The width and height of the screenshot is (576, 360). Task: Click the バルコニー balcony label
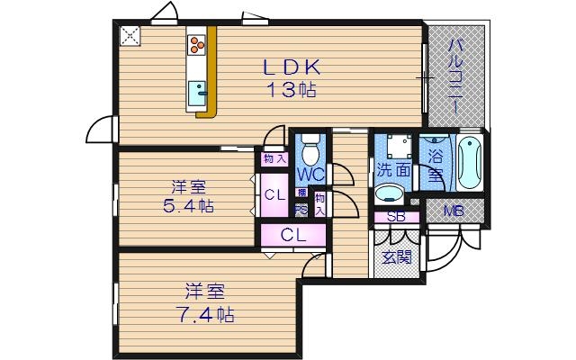click(455, 76)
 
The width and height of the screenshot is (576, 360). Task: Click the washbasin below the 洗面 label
click(389, 193)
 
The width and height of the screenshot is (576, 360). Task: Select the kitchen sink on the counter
click(197, 90)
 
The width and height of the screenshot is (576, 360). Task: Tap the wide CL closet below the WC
click(291, 236)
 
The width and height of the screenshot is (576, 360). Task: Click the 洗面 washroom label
click(392, 170)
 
